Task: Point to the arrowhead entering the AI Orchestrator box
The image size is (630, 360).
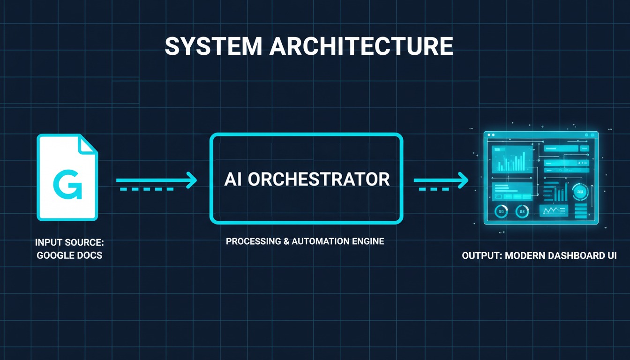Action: pyautogui.click(x=191, y=180)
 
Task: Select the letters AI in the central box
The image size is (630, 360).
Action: pyautogui.click(x=233, y=180)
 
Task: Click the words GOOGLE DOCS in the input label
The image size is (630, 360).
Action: pyautogui.click(x=69, y=256)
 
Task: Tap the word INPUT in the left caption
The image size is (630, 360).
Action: pyautogui.click(x=48, y=243)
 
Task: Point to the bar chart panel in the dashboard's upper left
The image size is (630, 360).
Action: pyautogui.click(x=511, y=159)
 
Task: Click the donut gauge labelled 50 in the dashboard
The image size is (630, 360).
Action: pyautogui.click(x=502, y=212)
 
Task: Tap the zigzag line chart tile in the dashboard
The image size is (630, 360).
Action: pyautogui.click(x=554, y=211)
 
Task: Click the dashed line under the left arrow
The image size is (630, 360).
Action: pyautogui.click(x=147, y=189)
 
